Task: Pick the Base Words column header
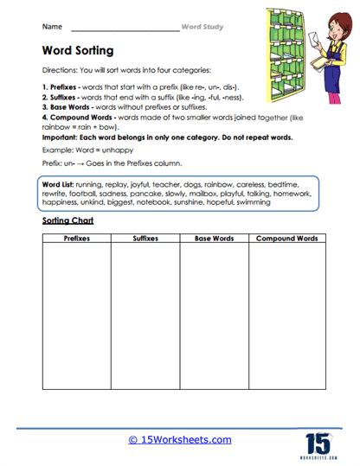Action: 214,237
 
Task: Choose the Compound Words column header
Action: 283,237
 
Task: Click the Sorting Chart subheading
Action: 67,220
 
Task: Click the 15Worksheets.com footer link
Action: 179,440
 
